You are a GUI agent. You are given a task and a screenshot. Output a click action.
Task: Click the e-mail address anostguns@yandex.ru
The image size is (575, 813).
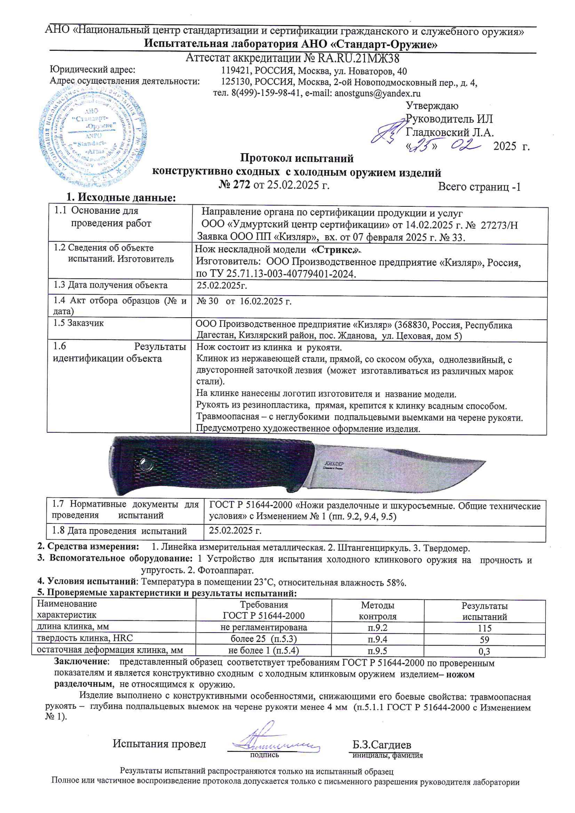(x=377, y=93)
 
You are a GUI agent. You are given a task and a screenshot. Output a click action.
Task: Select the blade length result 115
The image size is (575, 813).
(x=484, y=628)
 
